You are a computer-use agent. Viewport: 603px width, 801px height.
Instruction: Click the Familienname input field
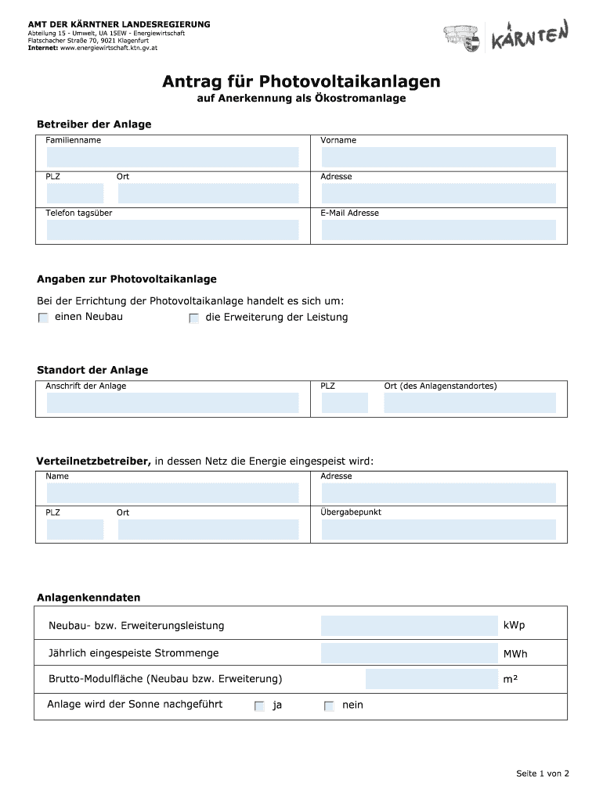[172, 157]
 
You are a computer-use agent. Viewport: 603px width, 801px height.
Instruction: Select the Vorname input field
[439, 157]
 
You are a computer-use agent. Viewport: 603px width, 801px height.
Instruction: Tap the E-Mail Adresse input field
[439, 230]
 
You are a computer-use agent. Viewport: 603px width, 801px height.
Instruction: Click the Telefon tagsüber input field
[172, 230]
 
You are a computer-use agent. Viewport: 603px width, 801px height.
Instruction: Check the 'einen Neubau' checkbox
[43, 318]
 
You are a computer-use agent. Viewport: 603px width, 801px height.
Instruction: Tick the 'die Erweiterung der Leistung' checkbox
[193, 318]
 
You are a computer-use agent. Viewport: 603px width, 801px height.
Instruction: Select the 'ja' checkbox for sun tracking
[259, 706]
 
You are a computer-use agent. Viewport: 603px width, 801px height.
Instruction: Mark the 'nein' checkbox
[329, 706]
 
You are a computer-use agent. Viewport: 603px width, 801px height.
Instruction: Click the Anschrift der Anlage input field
[172, 403]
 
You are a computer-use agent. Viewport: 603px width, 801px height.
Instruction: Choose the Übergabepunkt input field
[439, 530]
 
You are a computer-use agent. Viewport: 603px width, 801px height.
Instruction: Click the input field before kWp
[409, 626]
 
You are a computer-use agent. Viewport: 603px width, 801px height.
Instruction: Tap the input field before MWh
[409, 653]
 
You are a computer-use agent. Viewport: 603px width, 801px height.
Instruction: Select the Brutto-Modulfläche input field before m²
[431, 679]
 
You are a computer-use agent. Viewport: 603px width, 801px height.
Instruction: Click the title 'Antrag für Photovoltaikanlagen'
[301, 81]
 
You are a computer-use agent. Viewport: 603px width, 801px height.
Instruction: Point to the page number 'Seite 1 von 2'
[542, 774]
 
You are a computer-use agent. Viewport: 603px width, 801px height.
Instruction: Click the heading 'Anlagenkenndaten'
[88, 598]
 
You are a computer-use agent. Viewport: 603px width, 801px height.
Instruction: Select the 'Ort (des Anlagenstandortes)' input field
[469, 403]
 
